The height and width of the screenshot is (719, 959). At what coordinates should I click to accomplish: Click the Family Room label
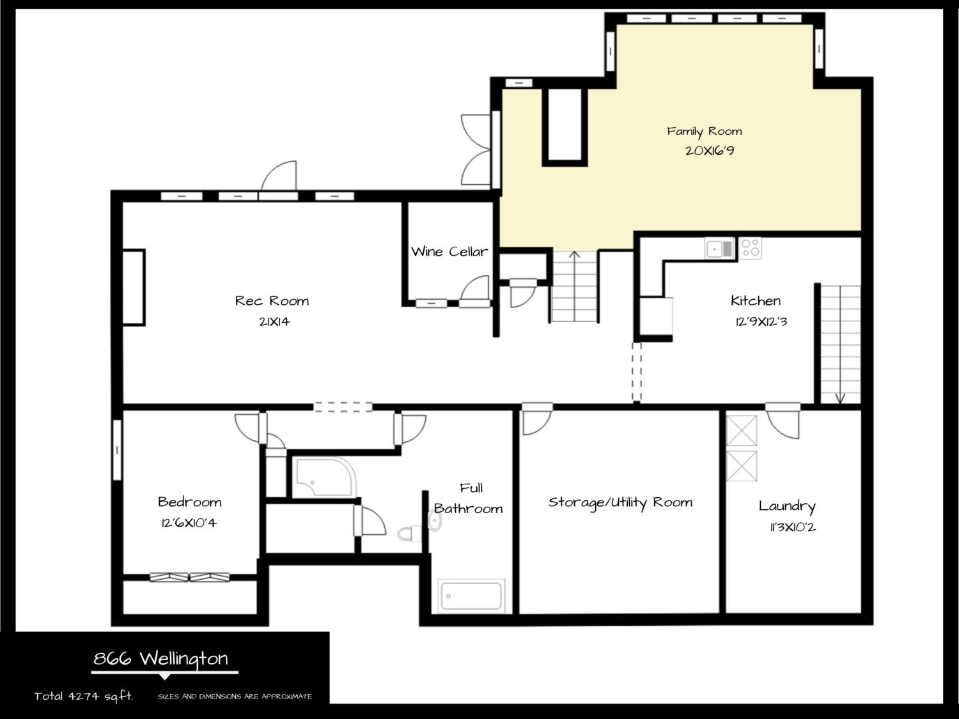(704, 132)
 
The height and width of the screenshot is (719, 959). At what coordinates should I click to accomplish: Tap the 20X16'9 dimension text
(710, 151)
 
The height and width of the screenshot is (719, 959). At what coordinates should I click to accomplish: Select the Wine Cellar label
(449, 251)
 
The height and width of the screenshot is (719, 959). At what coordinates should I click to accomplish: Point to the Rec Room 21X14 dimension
(274, 321)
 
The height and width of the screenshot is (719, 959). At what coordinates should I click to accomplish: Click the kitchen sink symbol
(719, 249)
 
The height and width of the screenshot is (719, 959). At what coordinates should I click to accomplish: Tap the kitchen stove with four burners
(750, 249)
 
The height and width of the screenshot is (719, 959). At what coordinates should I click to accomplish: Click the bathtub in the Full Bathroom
(471, 596)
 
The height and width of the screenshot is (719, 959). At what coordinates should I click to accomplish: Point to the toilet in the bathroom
(409, 533)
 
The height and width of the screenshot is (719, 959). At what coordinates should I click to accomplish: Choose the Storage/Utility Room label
(620, 502)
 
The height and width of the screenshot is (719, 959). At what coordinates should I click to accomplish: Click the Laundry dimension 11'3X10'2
(793, 527)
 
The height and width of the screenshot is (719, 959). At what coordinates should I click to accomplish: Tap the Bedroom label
(190, 502)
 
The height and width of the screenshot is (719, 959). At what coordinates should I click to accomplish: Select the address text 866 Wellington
(160, 659)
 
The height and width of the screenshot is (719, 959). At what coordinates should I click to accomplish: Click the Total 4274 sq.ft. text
(84, 696)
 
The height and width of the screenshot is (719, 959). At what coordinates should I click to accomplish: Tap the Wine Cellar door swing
(476, 290)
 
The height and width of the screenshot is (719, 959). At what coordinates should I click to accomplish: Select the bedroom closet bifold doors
(190, 577)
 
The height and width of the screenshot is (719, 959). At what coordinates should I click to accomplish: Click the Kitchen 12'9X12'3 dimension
(761, 321)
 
